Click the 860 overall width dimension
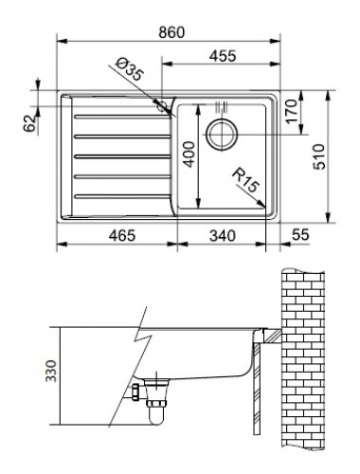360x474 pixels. (171, 32)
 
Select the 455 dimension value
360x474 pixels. (223, 56)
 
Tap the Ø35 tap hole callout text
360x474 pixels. (130, 69)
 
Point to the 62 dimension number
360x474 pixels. (29, 123)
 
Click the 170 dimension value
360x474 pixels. (291, 111)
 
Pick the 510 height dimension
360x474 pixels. (319, 156)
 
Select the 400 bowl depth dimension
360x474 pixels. (189, 154)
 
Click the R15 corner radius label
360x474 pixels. (245, 180)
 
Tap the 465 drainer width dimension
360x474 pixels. (122, 236)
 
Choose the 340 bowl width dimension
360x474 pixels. (223, 236)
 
